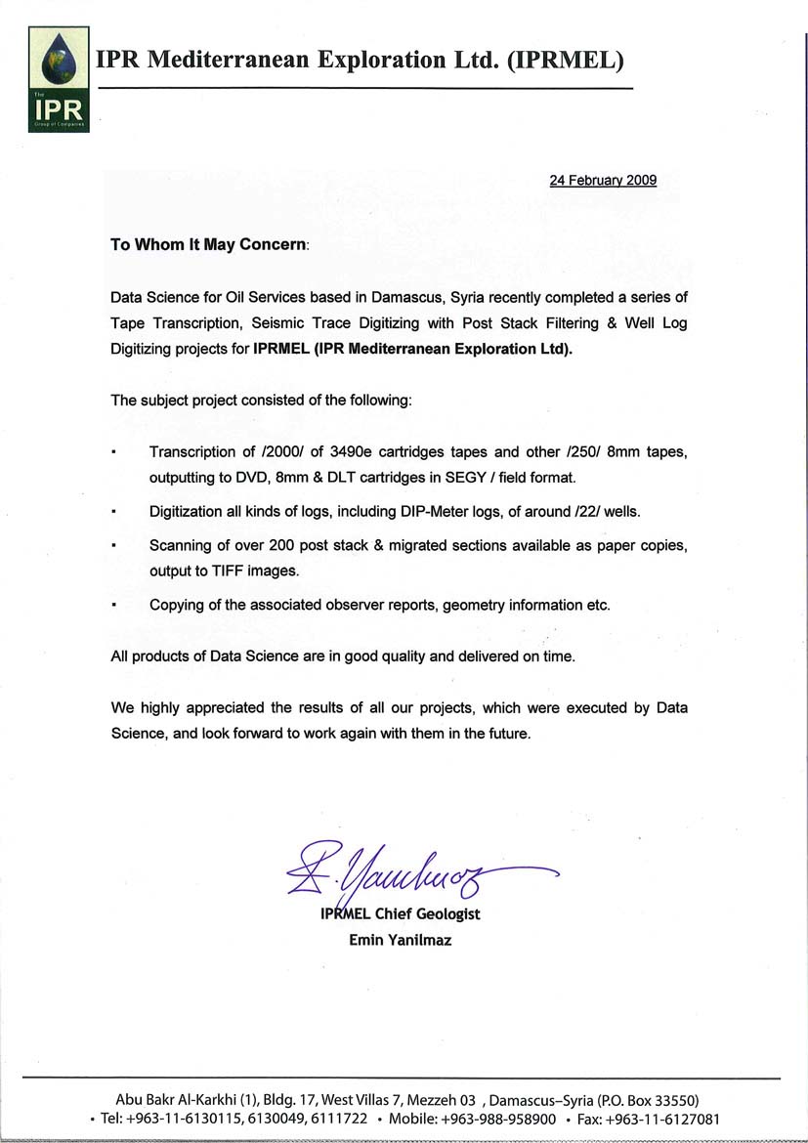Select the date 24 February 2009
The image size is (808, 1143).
[602, 180]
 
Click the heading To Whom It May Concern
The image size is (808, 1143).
[208, 245]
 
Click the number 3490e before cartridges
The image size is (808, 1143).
[362, 452]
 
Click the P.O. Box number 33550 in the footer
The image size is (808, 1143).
[674, 1099]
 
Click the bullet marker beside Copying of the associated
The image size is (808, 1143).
[115, 606]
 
